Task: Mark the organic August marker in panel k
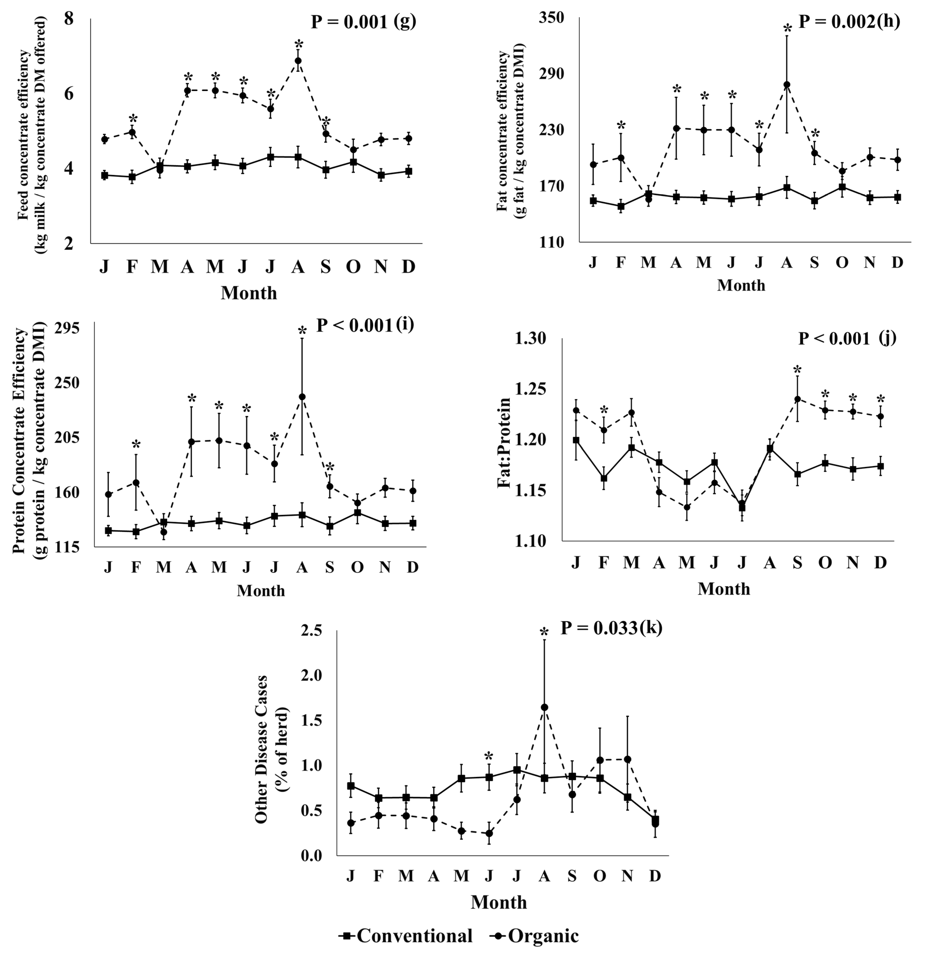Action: coord(544,707)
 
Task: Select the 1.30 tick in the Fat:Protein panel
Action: coord(532,338)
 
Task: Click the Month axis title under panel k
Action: coord(498,902)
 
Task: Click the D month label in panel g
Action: coord(409,267)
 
